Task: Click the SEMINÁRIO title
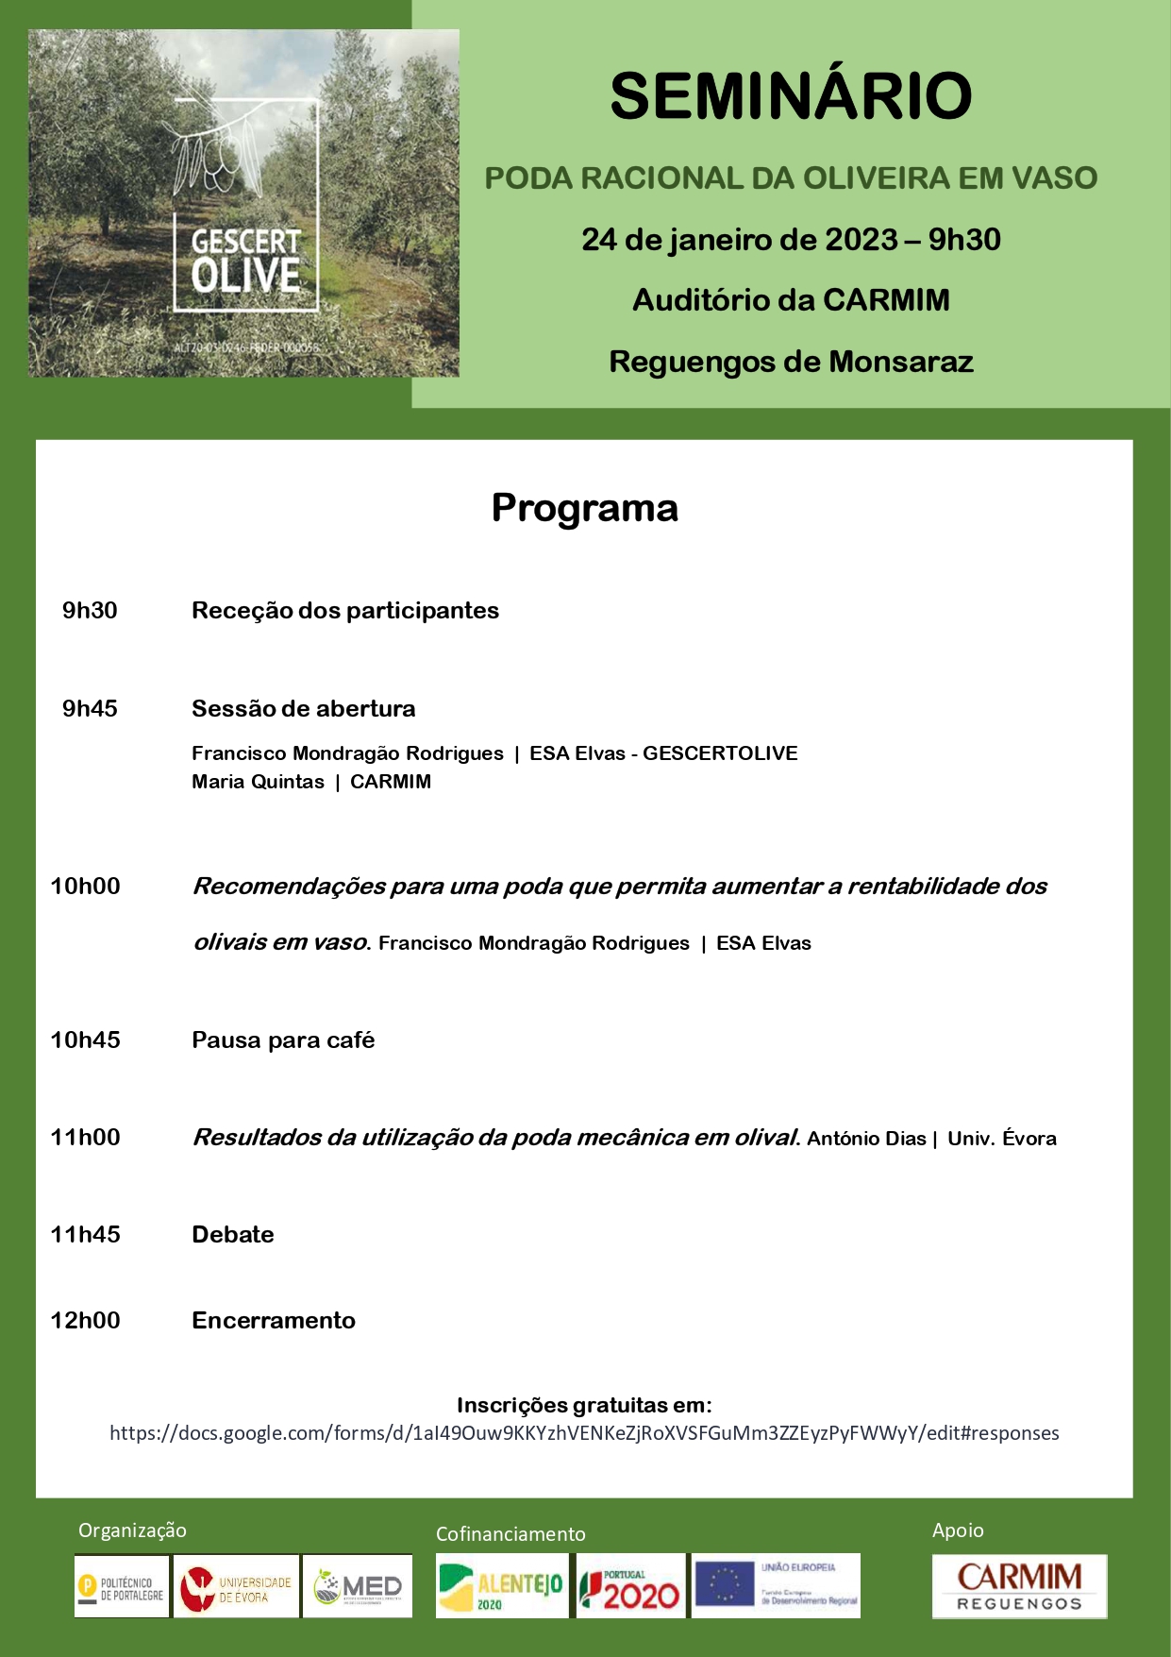tap(791, 96)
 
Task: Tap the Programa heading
tap(584, 508)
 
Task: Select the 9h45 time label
tap(90, 709)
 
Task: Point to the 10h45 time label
tap(85, 1040)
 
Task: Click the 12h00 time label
tap(85, 1321)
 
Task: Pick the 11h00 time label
tap(85, 1138)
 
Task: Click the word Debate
tap(233, 1235)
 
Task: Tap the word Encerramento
tap(274, 1321)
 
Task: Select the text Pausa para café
tap(283, 1040)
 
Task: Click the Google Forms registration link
tap(584, 1433)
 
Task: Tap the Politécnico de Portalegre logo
tap(122, 1587)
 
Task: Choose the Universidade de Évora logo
tap(237, 1587)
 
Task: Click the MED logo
tap(358, 1587)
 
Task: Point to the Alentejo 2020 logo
tap(501, 1587)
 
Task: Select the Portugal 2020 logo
tap(630, 1587)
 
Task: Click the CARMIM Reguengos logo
tap(1019, 1587)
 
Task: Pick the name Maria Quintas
tap(258, 782)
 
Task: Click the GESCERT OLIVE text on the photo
tap(245, 259)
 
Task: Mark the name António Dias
tap(866, 1139)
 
